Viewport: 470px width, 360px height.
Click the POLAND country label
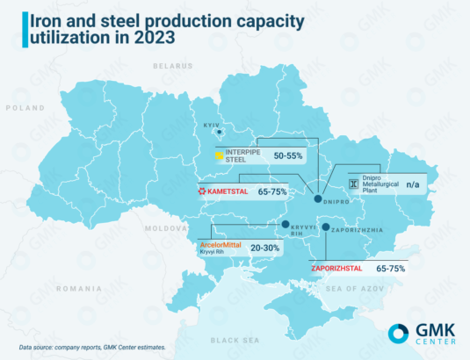(x=25, y=108)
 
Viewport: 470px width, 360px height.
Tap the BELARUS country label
(x=171, y=66)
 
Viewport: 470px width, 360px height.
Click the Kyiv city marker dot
(x=207, y=133)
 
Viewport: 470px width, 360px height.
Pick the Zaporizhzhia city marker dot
(x=326, y=228)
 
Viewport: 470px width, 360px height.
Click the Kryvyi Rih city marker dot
(x=285, y=225)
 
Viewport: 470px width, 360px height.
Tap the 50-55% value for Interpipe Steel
(x=288, y=155)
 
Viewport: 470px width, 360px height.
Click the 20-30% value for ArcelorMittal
(x=264, y=248)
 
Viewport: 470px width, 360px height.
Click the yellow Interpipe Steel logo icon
(x=219, y=155)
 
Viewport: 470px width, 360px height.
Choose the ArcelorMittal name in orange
(x=224, y=244)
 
